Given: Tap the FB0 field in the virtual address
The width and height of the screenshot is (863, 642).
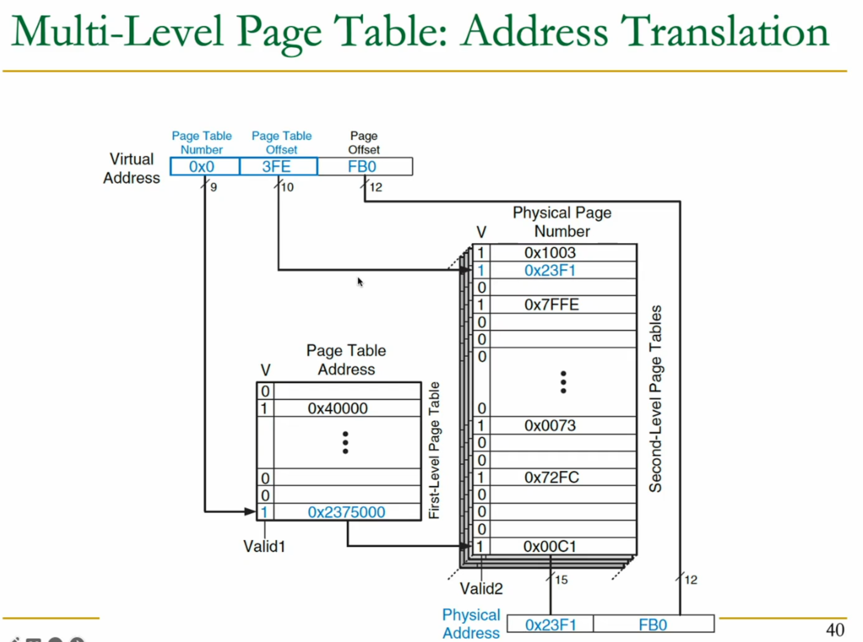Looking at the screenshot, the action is pos(365,166).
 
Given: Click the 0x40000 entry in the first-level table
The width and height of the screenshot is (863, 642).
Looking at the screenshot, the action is pos(337,409).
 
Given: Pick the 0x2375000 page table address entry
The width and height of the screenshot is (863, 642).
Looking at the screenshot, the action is pos(346,512).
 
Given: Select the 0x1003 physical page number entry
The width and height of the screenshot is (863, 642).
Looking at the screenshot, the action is pos(550,253).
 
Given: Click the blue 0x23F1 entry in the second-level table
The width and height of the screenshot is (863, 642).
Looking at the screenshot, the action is pos(550,270).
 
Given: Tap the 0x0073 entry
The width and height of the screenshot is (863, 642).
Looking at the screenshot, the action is pos(550,425).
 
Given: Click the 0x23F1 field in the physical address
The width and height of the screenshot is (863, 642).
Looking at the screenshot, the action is pos(550,625).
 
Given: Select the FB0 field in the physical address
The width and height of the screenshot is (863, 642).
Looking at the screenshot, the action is pos(653,625).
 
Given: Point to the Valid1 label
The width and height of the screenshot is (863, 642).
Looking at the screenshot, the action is pos(264,546).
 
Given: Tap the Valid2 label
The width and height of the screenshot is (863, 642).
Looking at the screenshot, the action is pos(481,589).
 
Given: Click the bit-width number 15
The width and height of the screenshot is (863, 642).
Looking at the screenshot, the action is pos(561,580).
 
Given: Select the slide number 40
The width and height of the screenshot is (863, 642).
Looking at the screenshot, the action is pos(835,630).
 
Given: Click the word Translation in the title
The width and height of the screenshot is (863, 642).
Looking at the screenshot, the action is pos(724,32).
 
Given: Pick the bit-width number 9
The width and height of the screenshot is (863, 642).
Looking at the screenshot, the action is pos(213,187).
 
